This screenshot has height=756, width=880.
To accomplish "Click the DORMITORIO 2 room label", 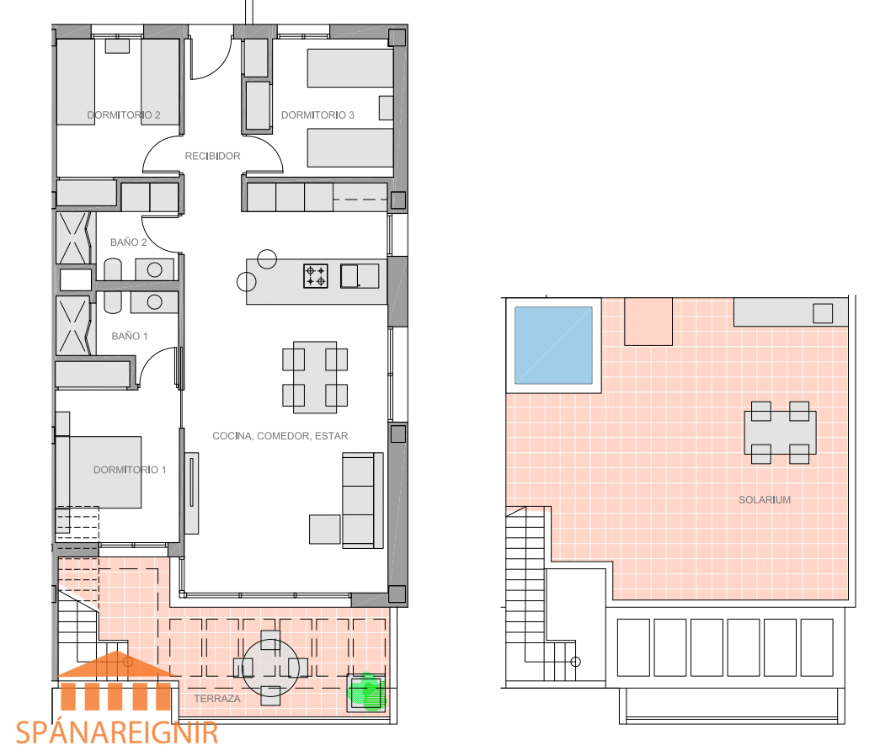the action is pos(124,115).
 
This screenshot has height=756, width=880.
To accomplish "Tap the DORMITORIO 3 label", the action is pos(317,115).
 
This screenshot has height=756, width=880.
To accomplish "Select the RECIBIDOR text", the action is pos(213,156).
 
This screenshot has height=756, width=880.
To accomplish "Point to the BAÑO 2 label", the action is pos(129,242).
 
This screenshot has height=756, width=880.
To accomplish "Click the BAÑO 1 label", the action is pos(130,336).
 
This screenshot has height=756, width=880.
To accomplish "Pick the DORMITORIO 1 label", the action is pos(130,470).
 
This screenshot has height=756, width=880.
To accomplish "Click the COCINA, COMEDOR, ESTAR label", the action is pos(280,436).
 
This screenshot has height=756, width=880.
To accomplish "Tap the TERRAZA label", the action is pos(217,699).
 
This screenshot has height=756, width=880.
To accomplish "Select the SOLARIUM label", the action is pos(765,499).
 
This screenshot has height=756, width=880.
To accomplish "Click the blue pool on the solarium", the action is pos(553,345).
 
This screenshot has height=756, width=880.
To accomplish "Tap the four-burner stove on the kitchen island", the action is pos(316,276).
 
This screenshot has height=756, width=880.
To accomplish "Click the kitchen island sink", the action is pos(360,276).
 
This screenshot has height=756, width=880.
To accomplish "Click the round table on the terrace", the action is pos(270,668).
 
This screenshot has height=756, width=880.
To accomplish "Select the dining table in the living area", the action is pos(315,377).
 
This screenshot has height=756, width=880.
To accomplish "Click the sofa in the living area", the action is pos(363,500).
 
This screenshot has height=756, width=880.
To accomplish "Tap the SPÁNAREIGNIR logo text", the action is pos(117,733).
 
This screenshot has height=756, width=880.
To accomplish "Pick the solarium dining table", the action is pos(780,433).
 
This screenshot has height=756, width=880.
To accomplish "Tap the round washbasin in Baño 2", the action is pos(155,270).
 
